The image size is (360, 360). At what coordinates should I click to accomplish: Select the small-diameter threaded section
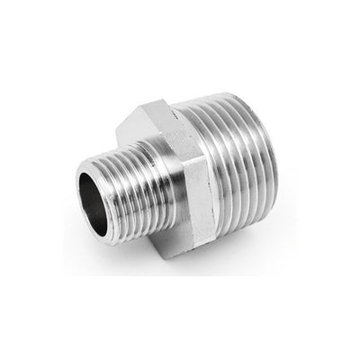tap(117, 180)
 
